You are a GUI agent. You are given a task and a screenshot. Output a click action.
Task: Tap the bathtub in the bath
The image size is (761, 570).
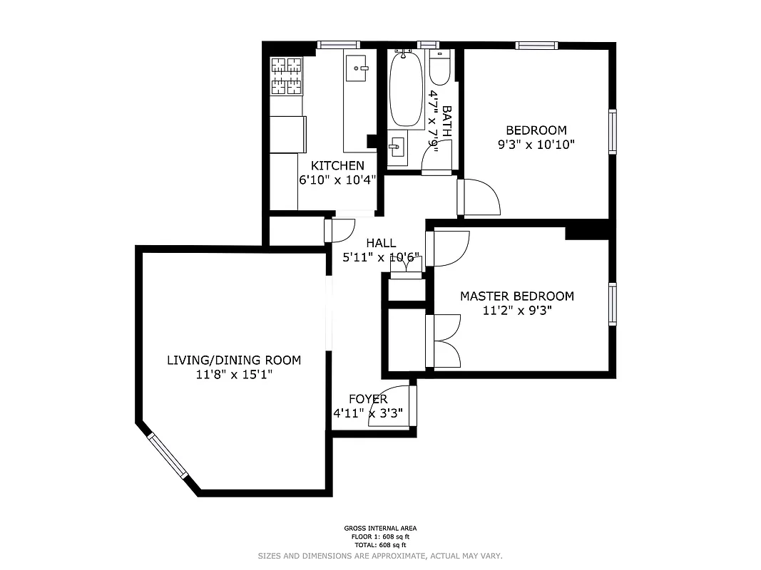[x=405, y=91]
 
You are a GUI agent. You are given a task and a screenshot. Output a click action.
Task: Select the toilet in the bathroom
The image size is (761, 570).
[x=439, y=68]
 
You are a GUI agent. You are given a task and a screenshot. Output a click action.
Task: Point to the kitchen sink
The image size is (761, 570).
[x=359, y=68]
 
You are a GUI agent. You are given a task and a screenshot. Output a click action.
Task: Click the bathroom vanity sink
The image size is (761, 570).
[x=396, y=150]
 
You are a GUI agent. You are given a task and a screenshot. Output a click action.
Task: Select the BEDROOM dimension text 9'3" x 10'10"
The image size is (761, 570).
[x=536, y=144]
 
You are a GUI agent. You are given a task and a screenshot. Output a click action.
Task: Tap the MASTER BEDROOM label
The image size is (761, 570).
[x=516, y=296]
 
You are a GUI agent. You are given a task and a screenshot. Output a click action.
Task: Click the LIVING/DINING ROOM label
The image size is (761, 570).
[x=233, y=360]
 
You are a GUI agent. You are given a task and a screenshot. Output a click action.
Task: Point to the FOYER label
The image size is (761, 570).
[x=368, y=399]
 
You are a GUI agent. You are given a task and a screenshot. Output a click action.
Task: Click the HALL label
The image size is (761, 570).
[x=381, y=243]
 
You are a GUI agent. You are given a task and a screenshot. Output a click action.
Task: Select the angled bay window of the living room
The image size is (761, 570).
[x=168, y=457]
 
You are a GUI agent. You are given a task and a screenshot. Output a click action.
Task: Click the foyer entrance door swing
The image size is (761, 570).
[x=392, y=408]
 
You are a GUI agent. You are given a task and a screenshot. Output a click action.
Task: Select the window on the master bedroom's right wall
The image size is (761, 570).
[x=613, y=304]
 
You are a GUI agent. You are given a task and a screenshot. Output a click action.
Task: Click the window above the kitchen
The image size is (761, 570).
[x=339, y=45]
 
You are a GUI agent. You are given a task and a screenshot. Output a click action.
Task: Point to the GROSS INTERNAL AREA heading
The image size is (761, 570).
[x=380, y=529]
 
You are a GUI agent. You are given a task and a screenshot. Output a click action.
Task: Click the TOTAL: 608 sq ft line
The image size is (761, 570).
[x=380, y=544]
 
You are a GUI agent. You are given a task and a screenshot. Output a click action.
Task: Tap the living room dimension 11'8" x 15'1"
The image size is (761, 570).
[x=233, y=375]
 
